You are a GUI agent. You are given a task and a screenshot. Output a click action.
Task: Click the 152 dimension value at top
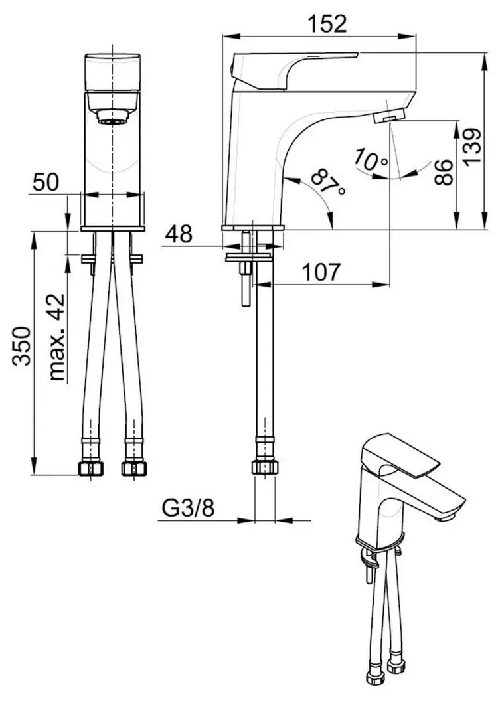(x=327, y=23)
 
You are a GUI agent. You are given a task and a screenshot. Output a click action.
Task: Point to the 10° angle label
(x=371, y=160)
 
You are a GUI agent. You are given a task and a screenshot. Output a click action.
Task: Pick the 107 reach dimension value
(x=322, y=271)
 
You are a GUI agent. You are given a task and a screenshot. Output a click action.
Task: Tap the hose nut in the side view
(x=264, y=467)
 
